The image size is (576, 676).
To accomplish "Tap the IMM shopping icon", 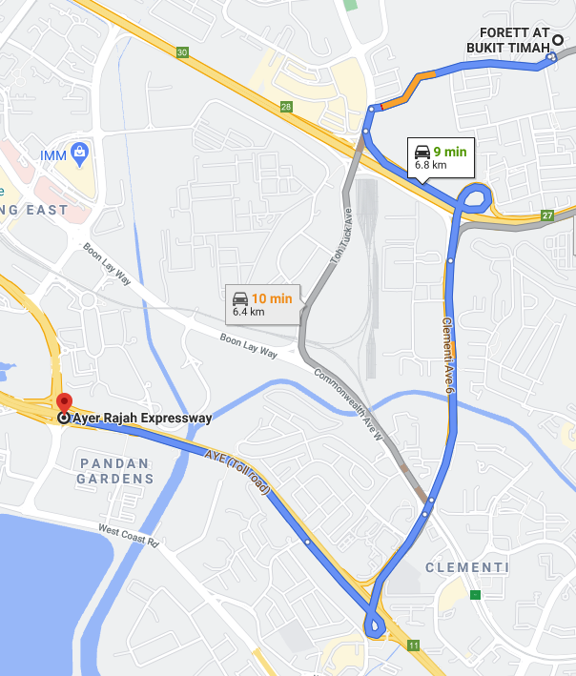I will [78, 153].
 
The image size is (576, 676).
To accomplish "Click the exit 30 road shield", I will [182, 52].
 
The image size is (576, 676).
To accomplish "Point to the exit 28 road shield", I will [286, 107].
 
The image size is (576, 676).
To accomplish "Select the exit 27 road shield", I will [546, 215].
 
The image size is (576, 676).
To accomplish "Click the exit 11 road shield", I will [413, 645].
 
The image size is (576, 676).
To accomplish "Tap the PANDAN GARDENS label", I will [113, 471].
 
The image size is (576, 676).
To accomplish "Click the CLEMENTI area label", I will [466, 567].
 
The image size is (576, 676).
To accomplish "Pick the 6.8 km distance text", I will [430, 165].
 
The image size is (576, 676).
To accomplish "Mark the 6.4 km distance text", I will [248, 311].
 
